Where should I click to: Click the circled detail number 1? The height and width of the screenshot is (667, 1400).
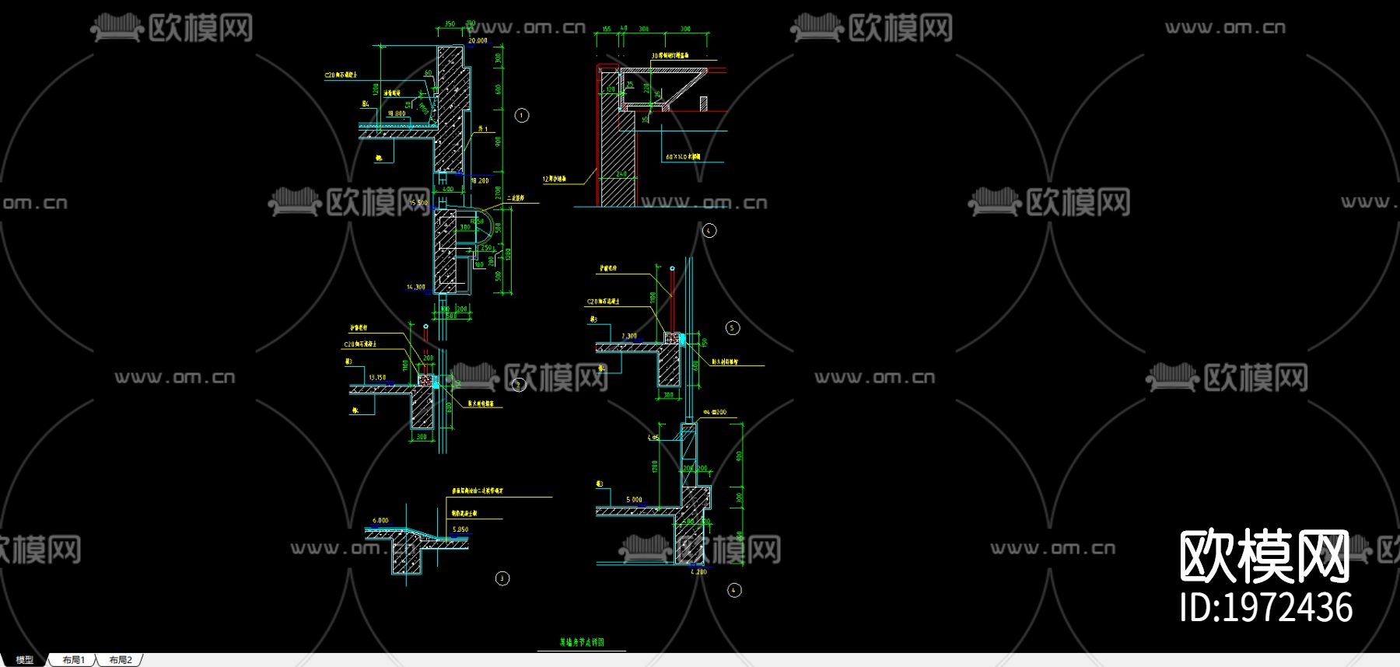click(522, 115)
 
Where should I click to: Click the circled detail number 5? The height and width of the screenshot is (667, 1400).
click(733, 328)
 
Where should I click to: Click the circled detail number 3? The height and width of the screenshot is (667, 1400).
click(502, 578)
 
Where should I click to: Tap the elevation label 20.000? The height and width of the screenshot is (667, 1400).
click(478, 40)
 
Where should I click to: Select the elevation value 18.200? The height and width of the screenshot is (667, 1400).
click(480, 180)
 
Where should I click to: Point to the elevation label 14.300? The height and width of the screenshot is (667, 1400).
click(416, 287)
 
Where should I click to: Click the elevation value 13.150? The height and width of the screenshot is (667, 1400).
click(377, 377)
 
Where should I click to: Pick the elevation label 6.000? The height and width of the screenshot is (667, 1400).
click(380, 520)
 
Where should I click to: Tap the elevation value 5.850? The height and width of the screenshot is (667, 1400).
click(460, 529)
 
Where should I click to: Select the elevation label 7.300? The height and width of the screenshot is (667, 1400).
click(629, 336)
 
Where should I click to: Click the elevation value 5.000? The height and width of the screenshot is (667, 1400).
click(634, 499)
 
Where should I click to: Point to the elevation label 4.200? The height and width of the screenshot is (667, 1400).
click(698, 571)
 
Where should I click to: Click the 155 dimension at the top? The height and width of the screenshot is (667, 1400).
click(606, 29)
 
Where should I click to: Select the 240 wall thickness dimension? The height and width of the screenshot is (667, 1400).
click(621, 173)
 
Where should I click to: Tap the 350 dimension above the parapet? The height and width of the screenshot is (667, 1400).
click(450, 24)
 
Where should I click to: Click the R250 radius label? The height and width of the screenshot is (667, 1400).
click(477, 221)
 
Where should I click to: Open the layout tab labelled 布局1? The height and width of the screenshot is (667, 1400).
click(73, 660)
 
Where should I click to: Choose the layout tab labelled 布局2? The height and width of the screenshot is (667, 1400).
click(121, 660)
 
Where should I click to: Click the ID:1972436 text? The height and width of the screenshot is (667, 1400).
click(1265, 607)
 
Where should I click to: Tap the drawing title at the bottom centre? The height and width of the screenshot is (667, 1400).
click(582, 642)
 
